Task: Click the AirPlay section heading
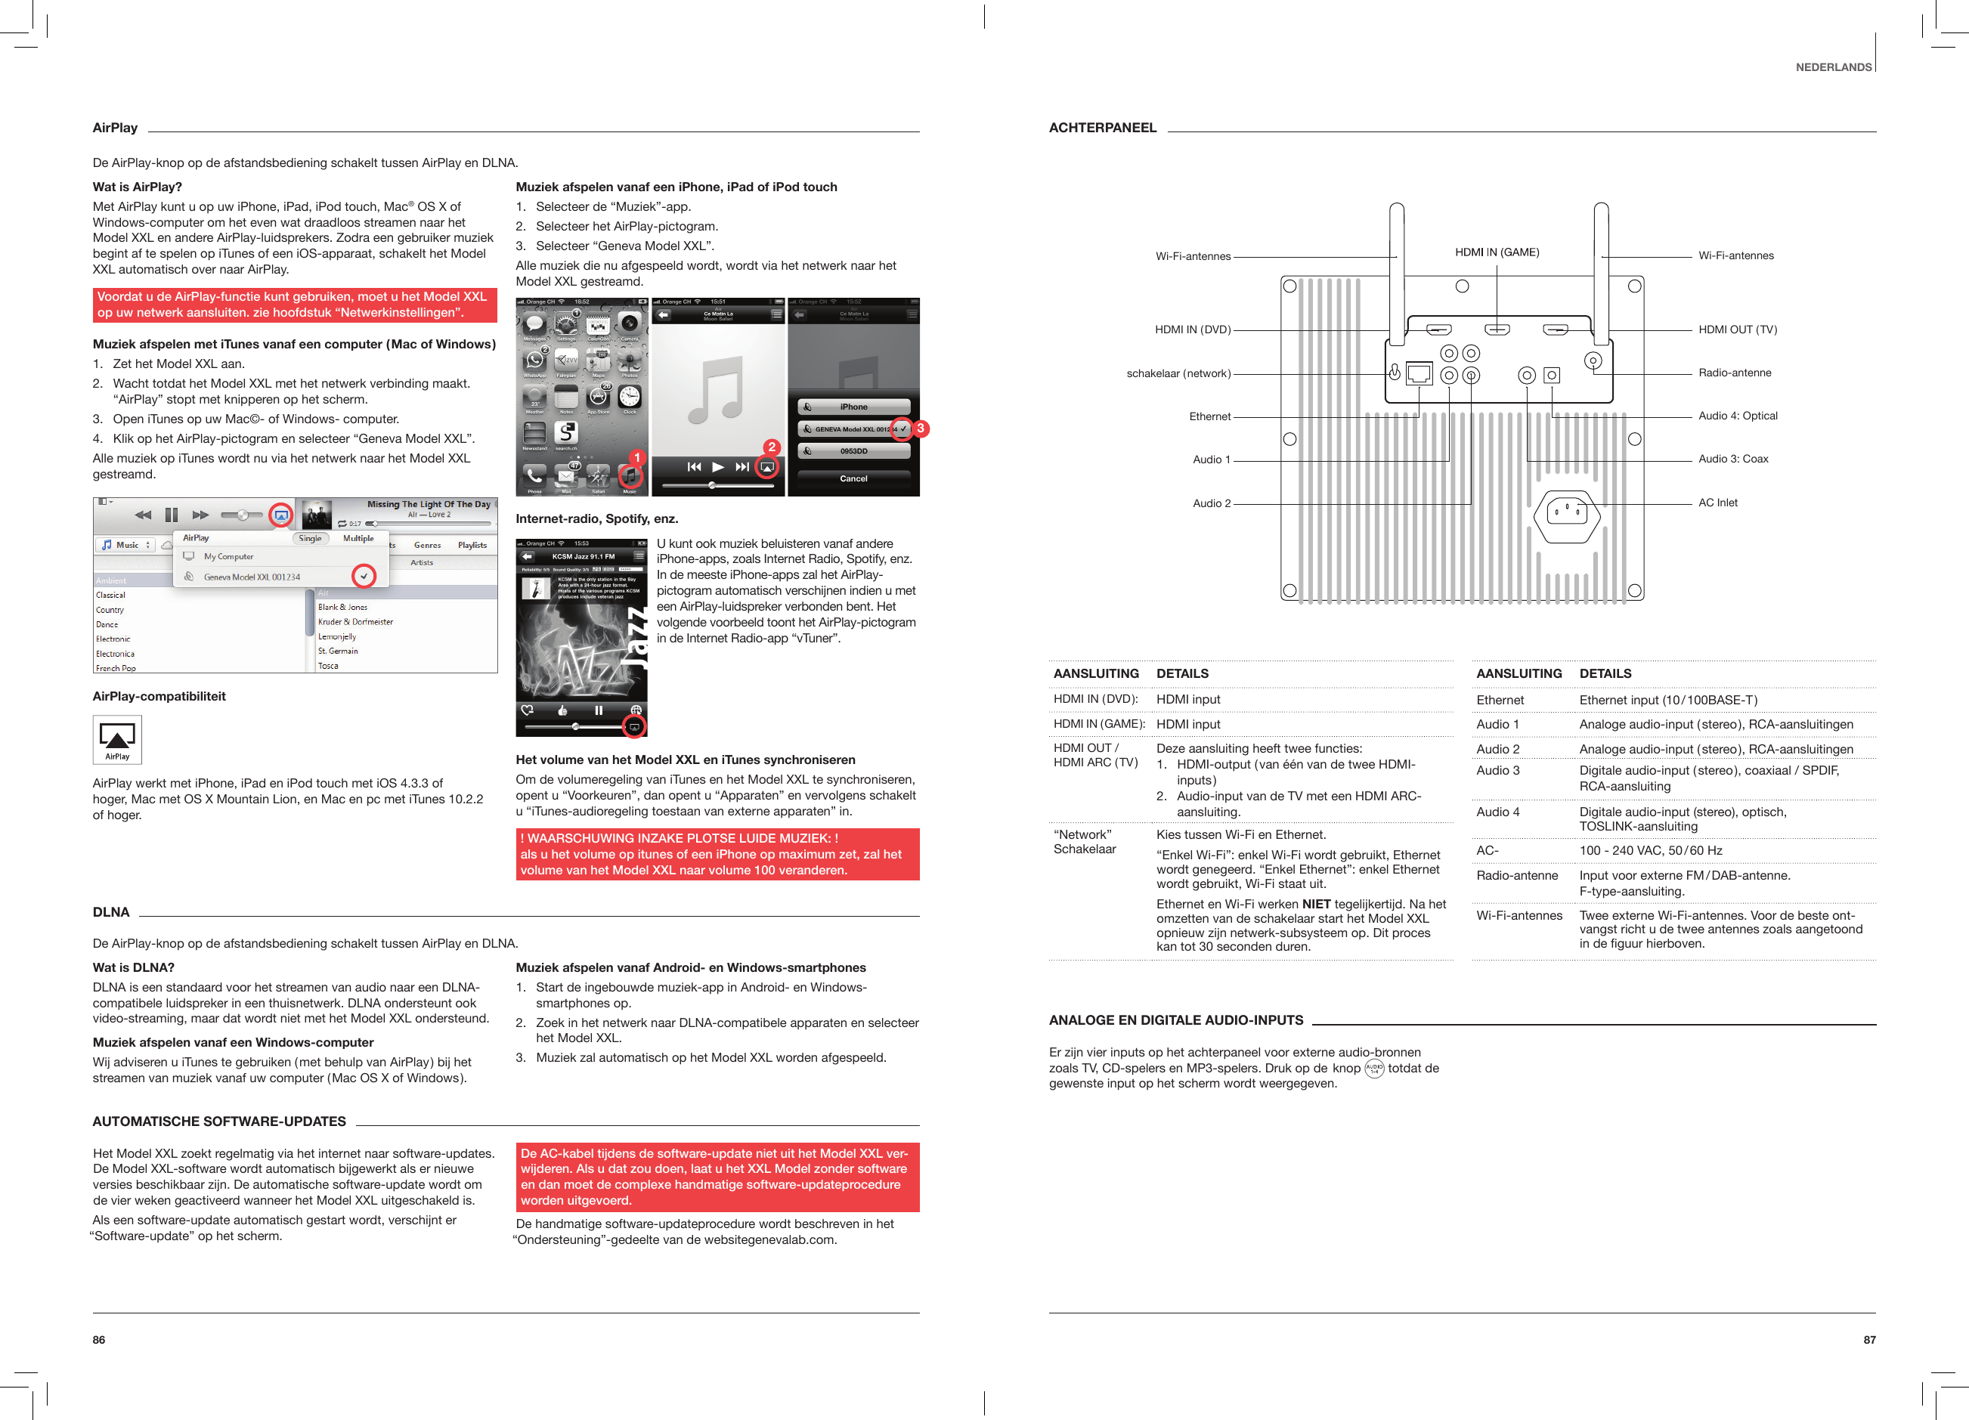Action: tap(115, 128)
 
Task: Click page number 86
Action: tap(99, 1339)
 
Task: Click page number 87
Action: tap(1869, 1339)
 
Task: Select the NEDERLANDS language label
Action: tap(1833, 67)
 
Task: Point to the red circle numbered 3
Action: tap(921, 428)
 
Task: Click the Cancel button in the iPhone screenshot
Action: tap(853, 478)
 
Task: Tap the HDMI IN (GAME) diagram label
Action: tap(1497, 252)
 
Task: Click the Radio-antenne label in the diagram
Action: tap(1735, 373)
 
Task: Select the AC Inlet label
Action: tap(1717, 503)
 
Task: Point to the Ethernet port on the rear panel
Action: tap(1419, 373)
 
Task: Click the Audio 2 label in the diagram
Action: tap(1211, 503)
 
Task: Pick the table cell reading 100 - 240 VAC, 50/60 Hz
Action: tap(1650, 851)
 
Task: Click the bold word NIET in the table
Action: tap(1316, 904)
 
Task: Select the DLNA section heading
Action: tap(111, 911)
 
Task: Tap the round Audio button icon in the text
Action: tap(1374, 1069)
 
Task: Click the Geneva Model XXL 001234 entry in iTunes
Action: tap(252, 577)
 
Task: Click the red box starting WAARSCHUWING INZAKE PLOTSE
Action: tap(717, 854)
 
